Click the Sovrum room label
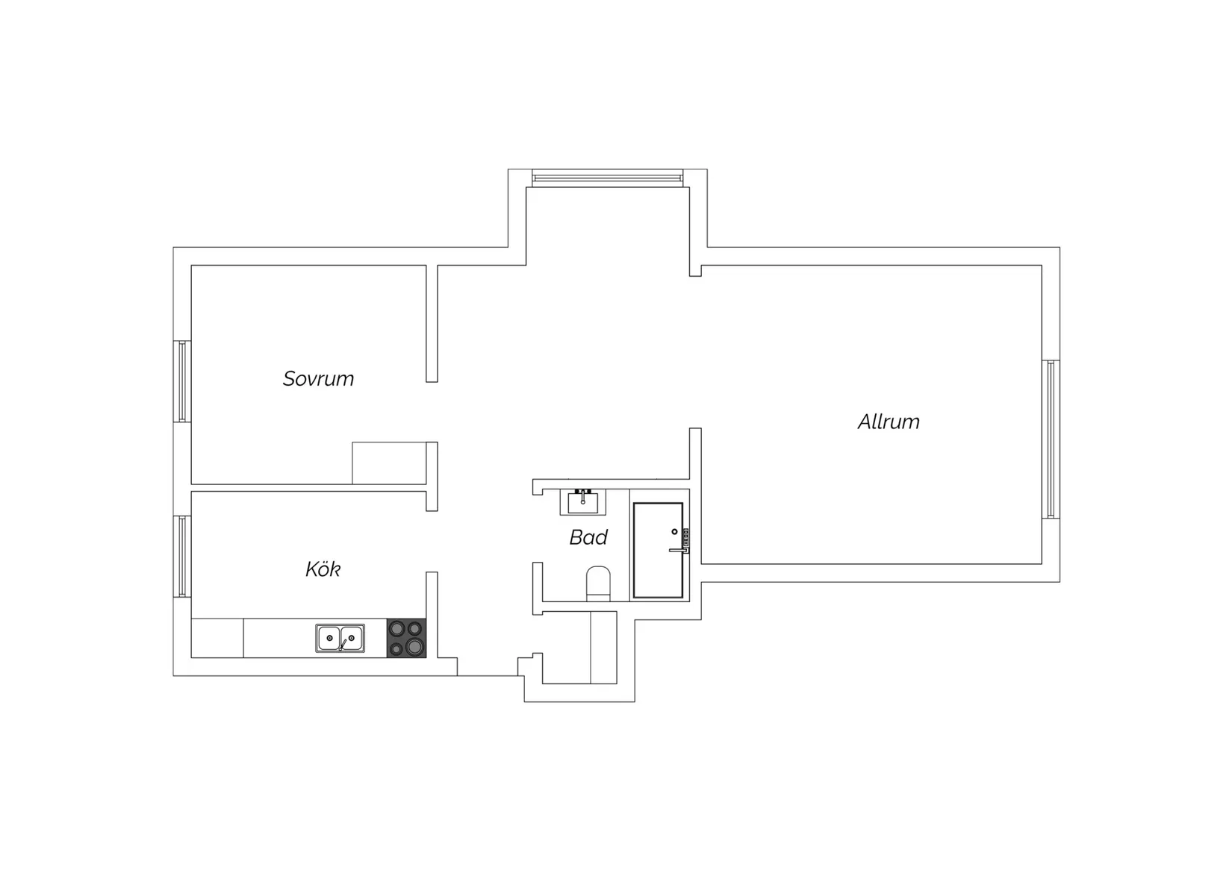[318, 379]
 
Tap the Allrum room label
[889, 422]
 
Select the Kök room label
[323, 569]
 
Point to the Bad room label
[588, 537]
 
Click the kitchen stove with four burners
[406, 637]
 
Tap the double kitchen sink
[340, 638]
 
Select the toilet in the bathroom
[598, 583]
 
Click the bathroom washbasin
[583, 501]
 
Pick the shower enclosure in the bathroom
[659, 550]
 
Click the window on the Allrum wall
[1051, 439]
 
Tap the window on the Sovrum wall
[182, 381]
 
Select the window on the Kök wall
[182, 556]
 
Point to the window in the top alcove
[607, 178]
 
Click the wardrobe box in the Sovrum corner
[390, 463]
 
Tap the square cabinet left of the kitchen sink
[217, 638]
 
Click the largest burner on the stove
[415, 646]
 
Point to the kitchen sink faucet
[343, 645]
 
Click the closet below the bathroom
[579, 648]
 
